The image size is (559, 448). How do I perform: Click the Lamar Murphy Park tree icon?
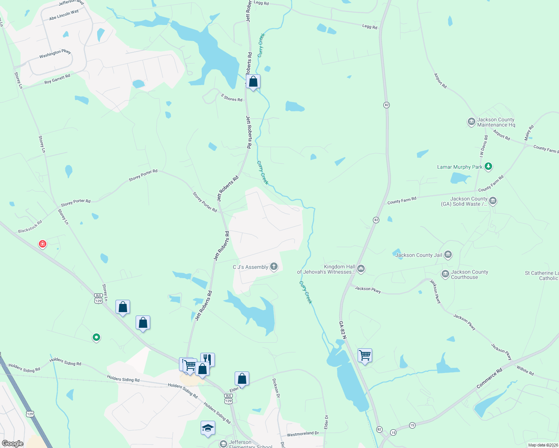click(488, 167)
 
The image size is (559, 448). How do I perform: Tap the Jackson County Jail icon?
click(448, 255)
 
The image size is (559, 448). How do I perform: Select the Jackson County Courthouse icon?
click(445, 274)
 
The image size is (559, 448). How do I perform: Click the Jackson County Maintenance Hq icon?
click(471, 122)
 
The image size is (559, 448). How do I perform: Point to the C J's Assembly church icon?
click(274, 267)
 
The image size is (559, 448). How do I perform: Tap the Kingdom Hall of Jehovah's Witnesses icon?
click(361, 268)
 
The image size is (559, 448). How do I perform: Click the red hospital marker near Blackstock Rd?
click(43, 244)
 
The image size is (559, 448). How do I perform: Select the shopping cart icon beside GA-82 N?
click(364, 355)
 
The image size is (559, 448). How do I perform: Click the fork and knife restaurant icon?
click(207, 359)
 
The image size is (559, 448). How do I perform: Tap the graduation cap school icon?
click(208, 428)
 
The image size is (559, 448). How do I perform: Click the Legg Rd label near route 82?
click(370, 27)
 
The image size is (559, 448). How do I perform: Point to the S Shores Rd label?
click(231, 98)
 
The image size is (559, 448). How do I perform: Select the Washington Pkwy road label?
click(55, 54)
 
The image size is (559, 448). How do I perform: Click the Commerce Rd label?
click(489, 378)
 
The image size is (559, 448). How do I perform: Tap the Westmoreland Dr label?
click(303, 434)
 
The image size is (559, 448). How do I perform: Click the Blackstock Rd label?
click(30, 227)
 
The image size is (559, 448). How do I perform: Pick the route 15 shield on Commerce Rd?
click(412, 425)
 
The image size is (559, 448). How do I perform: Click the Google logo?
click(13, 444)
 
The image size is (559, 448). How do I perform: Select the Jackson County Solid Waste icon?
click(493, 201)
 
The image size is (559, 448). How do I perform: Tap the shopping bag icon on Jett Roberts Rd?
click(253, 81)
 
